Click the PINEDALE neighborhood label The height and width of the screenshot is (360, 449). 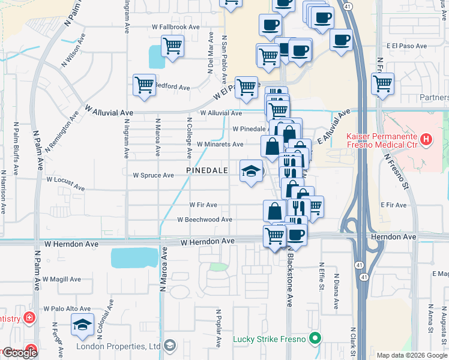(207, 170)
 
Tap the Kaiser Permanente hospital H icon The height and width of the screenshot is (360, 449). (426, 140)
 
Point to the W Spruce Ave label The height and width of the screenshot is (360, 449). (153, 175)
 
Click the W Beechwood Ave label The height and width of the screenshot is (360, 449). (204, 220)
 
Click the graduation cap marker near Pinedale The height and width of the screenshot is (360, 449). (252, 171)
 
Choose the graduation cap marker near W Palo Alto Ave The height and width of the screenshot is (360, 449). (82, 325)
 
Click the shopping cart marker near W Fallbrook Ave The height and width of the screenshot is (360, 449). (172, 46)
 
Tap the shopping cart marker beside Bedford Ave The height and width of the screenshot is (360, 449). (145, 85)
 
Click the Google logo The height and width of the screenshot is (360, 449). (19, 353)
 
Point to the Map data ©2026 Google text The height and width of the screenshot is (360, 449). (412, 355)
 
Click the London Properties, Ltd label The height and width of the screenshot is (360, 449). (118, 346)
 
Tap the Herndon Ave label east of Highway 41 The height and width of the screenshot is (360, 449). (393, 238)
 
